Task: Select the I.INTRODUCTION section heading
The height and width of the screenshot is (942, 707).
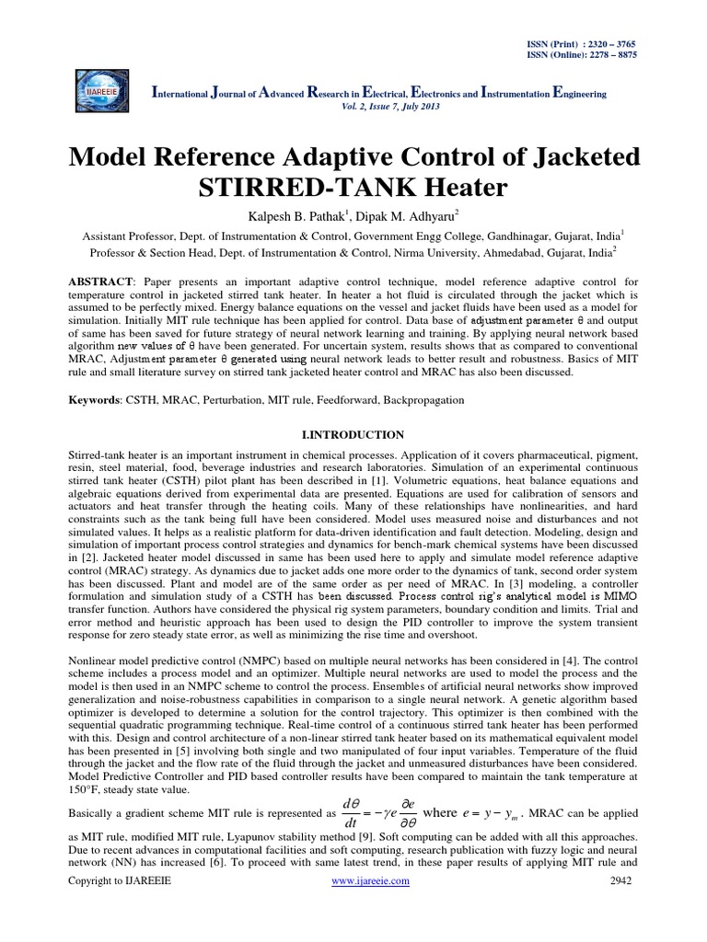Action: click(353, 433)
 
